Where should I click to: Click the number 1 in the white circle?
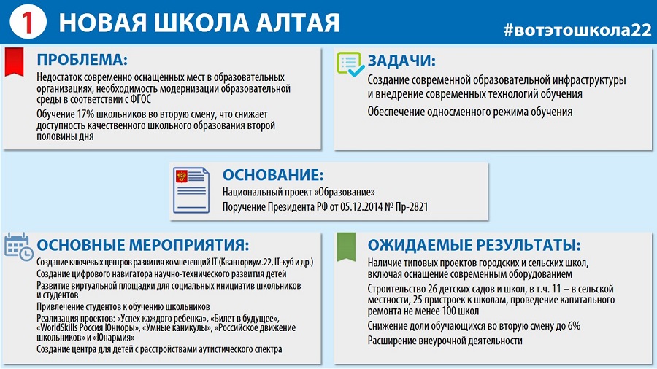coord(27,22)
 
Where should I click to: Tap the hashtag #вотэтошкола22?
coord(577,30)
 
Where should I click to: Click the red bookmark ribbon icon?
coord(15,62)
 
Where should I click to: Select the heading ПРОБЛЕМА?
coord(82,59)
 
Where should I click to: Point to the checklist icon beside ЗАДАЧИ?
coord(350,64)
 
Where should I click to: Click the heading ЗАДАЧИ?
coord(401,61)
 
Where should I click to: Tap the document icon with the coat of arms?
coord(191,190)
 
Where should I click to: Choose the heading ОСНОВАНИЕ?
coord(273,175)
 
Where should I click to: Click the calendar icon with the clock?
coord(19,246)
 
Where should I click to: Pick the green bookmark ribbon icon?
coord(346,246)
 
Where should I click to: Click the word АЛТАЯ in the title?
coord(298,23)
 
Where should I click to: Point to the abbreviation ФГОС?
coord(140,100)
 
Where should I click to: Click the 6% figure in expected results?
coord(574,326)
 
